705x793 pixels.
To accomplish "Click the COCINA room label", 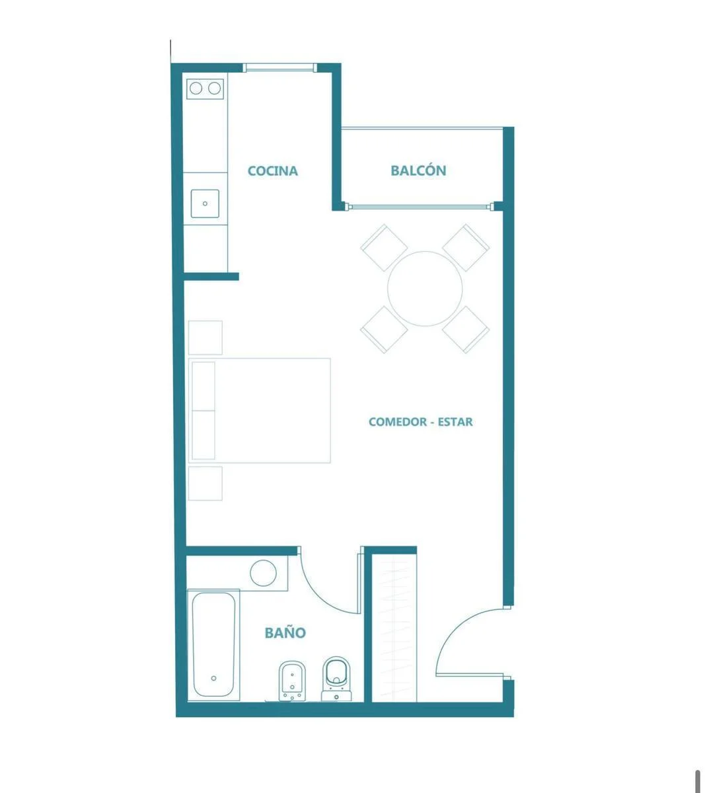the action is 272,170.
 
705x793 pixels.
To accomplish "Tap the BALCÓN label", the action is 418,170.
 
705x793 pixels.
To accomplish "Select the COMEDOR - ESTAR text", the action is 420,422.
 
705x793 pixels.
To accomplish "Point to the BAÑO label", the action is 285,632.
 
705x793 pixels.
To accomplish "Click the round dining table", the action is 425,289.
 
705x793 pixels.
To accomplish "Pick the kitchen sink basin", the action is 205,204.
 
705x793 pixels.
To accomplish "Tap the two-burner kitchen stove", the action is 205,89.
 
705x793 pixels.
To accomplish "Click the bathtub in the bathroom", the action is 213,645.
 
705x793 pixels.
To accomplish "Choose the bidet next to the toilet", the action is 292,681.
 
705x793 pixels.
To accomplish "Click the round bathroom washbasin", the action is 263,573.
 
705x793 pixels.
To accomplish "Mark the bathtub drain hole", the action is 213,678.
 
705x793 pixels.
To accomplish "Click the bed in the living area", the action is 259,410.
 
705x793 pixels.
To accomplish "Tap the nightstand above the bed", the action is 205,338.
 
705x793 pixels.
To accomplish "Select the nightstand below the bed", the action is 205,483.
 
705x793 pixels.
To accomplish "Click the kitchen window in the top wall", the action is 279,67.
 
